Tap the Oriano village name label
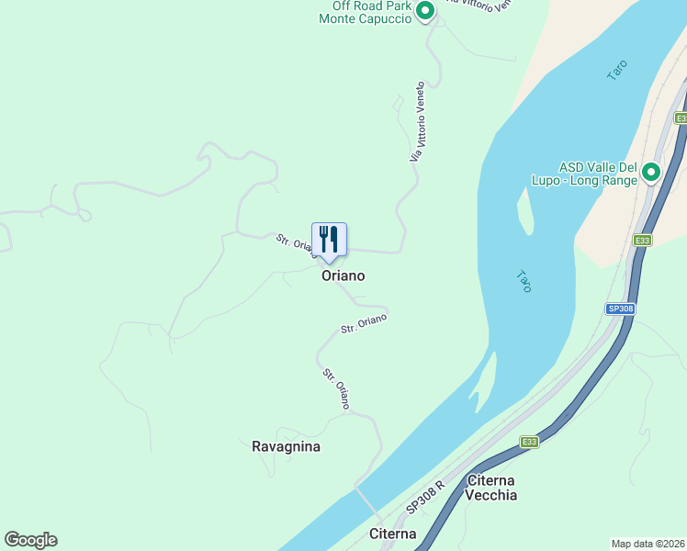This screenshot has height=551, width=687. (343, 275)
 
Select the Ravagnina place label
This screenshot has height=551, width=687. (286, 446)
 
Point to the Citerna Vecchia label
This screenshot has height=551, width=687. (491, 488)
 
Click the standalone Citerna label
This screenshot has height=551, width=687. (392, 534)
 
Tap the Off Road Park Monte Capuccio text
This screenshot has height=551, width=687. (366, 11)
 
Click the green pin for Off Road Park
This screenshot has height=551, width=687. (424, 11)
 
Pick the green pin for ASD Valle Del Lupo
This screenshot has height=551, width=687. (651, 172)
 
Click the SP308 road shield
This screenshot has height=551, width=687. (620, 309)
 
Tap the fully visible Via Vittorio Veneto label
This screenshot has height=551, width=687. (418, 123)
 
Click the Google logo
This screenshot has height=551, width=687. (30, 540)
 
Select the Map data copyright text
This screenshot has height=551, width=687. (648, 543)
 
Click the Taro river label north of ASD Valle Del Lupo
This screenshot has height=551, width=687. (617, 70)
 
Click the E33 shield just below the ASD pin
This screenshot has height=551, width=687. (642, 242)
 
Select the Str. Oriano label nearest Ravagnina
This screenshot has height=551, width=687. (336, 388)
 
